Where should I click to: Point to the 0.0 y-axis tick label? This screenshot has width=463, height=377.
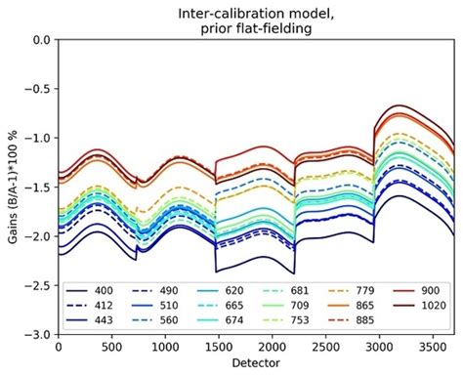pos(41,41)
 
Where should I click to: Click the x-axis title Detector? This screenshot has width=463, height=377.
pos(257,364)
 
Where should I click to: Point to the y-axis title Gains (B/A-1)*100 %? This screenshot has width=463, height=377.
pos(12,188)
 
